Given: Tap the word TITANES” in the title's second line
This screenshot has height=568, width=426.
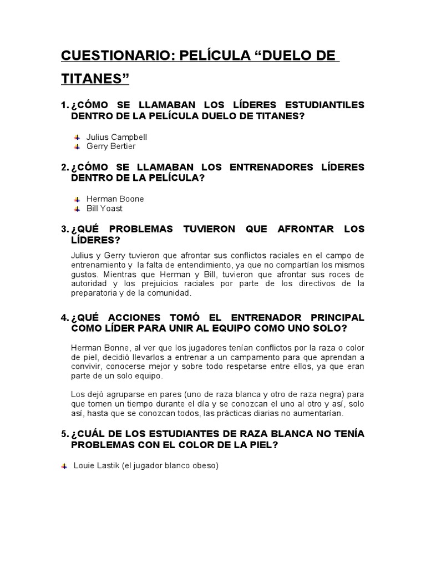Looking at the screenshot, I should click(x=94, y=79).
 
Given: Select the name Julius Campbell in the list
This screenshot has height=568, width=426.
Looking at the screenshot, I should click(x=116, y=136).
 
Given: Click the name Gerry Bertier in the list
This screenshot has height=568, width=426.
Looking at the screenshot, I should click(x=111, y=146).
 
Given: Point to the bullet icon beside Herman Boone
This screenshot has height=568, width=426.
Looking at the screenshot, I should click(x=77, y=199).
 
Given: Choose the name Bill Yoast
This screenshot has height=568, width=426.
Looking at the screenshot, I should click(x=104, y=209).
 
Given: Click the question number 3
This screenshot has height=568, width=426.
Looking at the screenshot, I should click(x=64, y=229).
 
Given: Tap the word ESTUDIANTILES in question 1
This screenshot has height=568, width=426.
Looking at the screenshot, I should click(x=324, y=105).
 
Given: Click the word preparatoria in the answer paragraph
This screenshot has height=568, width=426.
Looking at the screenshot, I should click(x=95, y=293).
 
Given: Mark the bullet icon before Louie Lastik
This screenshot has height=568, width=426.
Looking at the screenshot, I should click(x=64, y=466).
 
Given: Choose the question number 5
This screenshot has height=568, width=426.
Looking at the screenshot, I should click(x=64, y=434).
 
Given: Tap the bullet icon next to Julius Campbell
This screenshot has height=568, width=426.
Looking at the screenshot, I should click(x=77, y=136).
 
